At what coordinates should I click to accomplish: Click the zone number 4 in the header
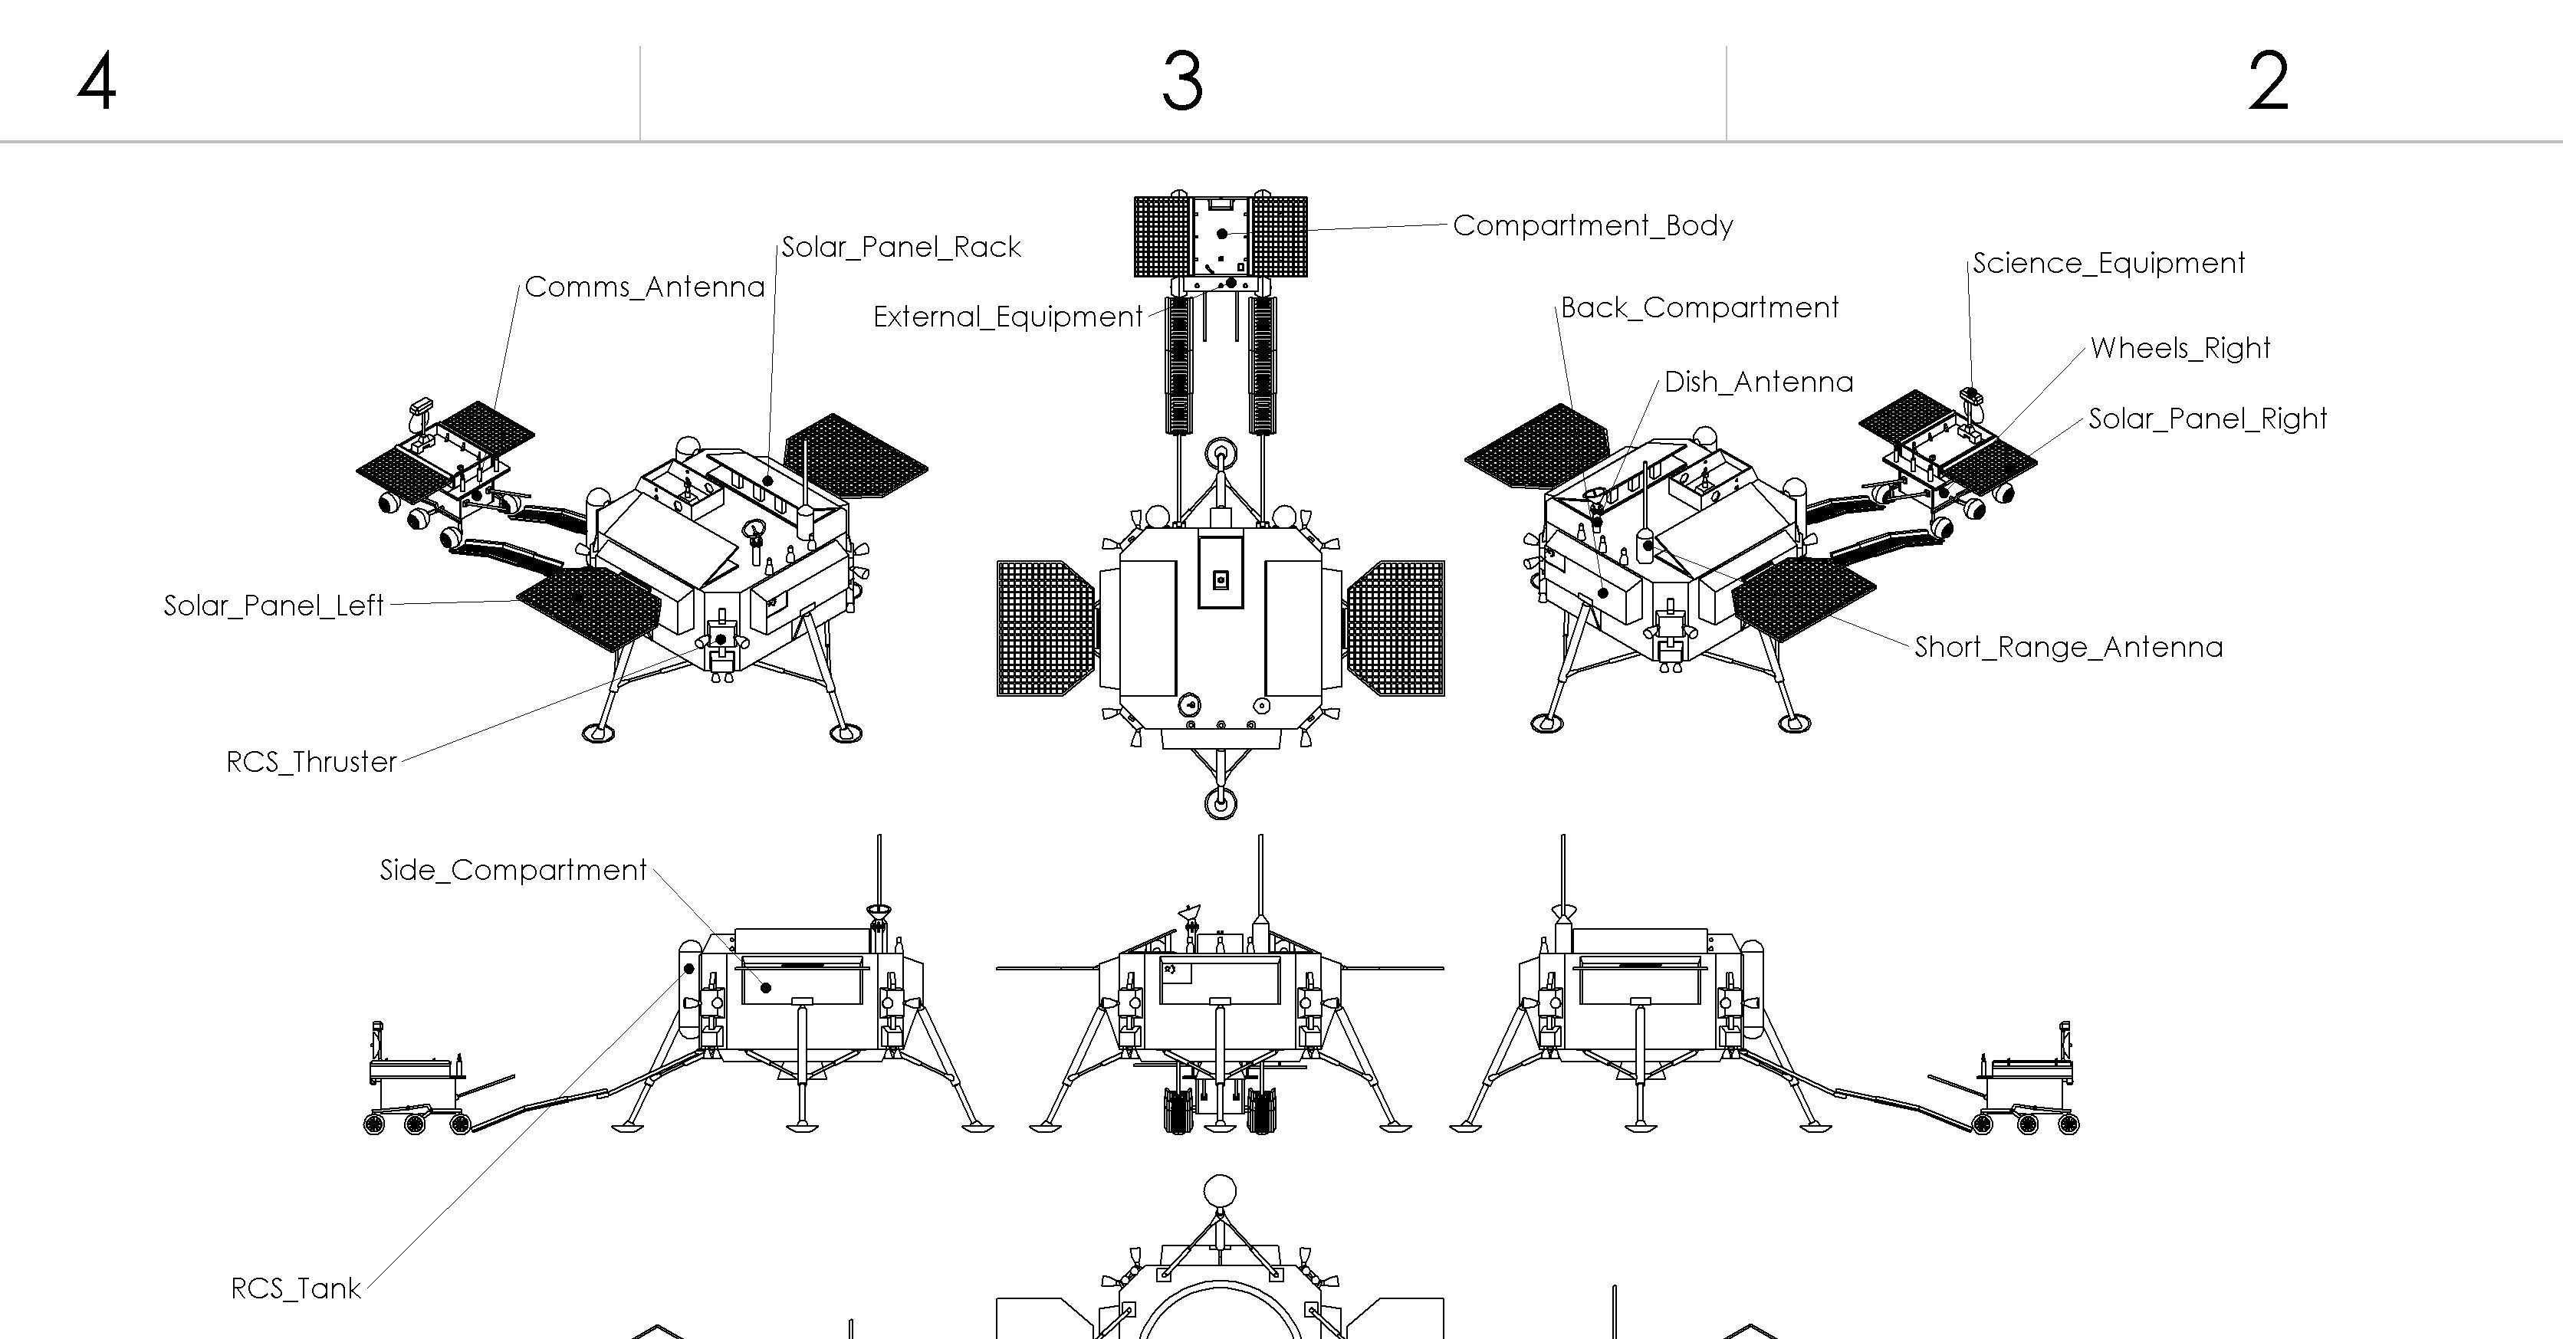[97, 83]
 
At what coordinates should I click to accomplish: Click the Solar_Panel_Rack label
[900, 247]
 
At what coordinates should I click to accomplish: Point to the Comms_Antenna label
[644, 287]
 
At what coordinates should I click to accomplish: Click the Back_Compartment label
[1698, 308]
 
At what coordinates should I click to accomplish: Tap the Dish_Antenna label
[1758, 382]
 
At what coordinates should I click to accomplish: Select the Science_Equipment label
[2108, 264]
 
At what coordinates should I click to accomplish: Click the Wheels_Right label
[2180, 348]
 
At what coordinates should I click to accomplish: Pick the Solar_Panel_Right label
[2206, 418]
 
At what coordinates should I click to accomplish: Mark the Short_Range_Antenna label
[2068, 648]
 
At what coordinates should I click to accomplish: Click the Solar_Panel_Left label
[273, 606]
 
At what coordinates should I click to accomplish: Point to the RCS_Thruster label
[311, 762]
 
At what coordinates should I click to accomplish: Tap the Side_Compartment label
[512, 871]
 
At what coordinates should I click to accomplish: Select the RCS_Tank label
[294, 1289]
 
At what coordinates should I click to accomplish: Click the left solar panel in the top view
[1045, 628]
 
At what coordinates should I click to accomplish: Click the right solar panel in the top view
[1395, 628]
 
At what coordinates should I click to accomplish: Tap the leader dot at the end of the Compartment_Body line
[1222, 234]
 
